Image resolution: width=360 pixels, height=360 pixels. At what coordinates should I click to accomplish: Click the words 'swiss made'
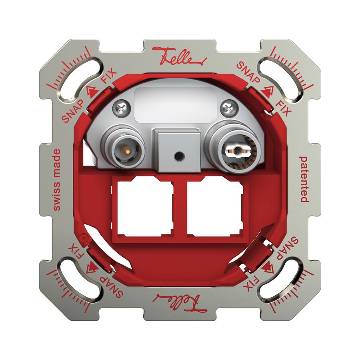[57, 180]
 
